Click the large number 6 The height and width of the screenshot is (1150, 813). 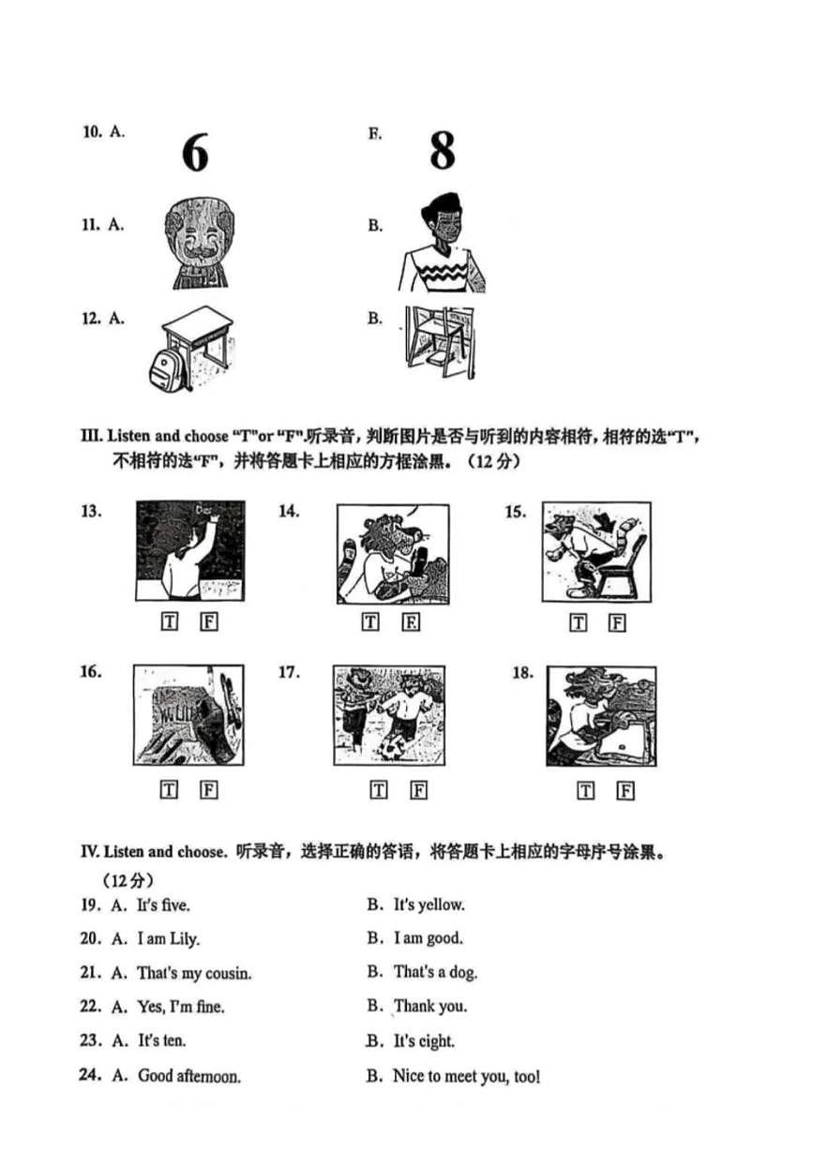[194, 152]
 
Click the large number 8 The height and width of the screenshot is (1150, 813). [442, 150]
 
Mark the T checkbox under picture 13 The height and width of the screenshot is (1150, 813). [170, 622]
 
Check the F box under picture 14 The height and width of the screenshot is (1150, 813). [411, 622]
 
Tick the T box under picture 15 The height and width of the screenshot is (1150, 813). [579, 622]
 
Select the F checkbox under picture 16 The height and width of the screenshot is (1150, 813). [209, 790]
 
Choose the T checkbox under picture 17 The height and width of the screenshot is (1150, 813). [379, 790]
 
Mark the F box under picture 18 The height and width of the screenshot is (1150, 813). [625, 790]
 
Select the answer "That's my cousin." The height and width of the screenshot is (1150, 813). [194, 974]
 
